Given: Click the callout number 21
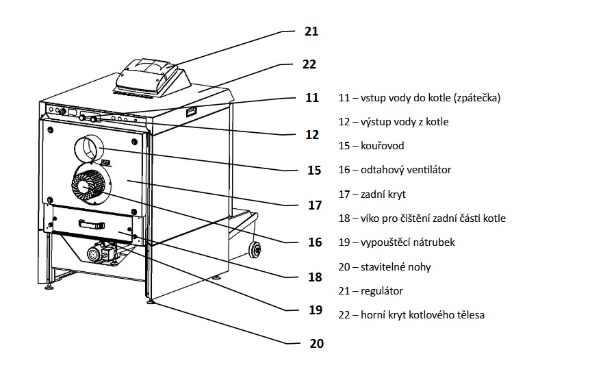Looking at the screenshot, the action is pos(311,32).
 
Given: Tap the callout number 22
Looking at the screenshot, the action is pos(309,64).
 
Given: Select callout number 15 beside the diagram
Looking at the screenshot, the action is pos(314,171).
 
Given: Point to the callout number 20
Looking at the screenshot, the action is pos(316,343).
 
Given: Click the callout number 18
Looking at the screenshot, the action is pos(315,277).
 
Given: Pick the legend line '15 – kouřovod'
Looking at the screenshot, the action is pos(372,146).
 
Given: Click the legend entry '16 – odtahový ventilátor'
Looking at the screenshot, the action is pos(395,170).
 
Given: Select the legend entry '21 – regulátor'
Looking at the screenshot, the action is pos(370,291).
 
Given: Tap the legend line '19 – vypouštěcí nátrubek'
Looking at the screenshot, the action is pos(396,242).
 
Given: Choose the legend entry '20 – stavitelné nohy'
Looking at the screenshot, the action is pos(385,267).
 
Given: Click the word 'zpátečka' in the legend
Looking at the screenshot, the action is pos(476,98).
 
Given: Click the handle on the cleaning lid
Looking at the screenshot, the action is pos(92,225).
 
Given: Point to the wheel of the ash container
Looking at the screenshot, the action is pos(255,250).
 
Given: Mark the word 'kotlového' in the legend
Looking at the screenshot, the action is pos(429,315).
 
